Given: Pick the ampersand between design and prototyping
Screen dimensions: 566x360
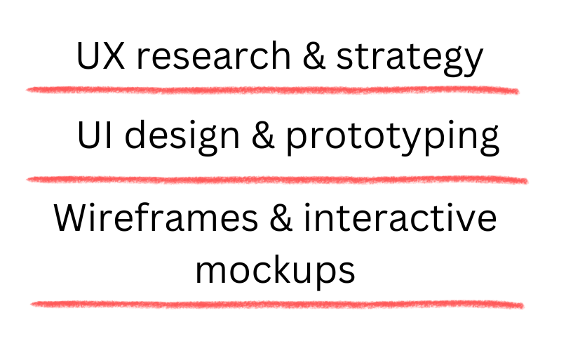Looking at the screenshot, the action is pyautogui.click(x=262, y=138).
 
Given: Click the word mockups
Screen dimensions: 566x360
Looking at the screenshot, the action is pyautogui.click(x=275, y=271).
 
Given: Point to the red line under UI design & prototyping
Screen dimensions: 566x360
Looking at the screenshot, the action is pyautogui.click(x=276, y=180).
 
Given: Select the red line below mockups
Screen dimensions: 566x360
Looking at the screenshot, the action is pyautogui.click(x=277, y=304).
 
